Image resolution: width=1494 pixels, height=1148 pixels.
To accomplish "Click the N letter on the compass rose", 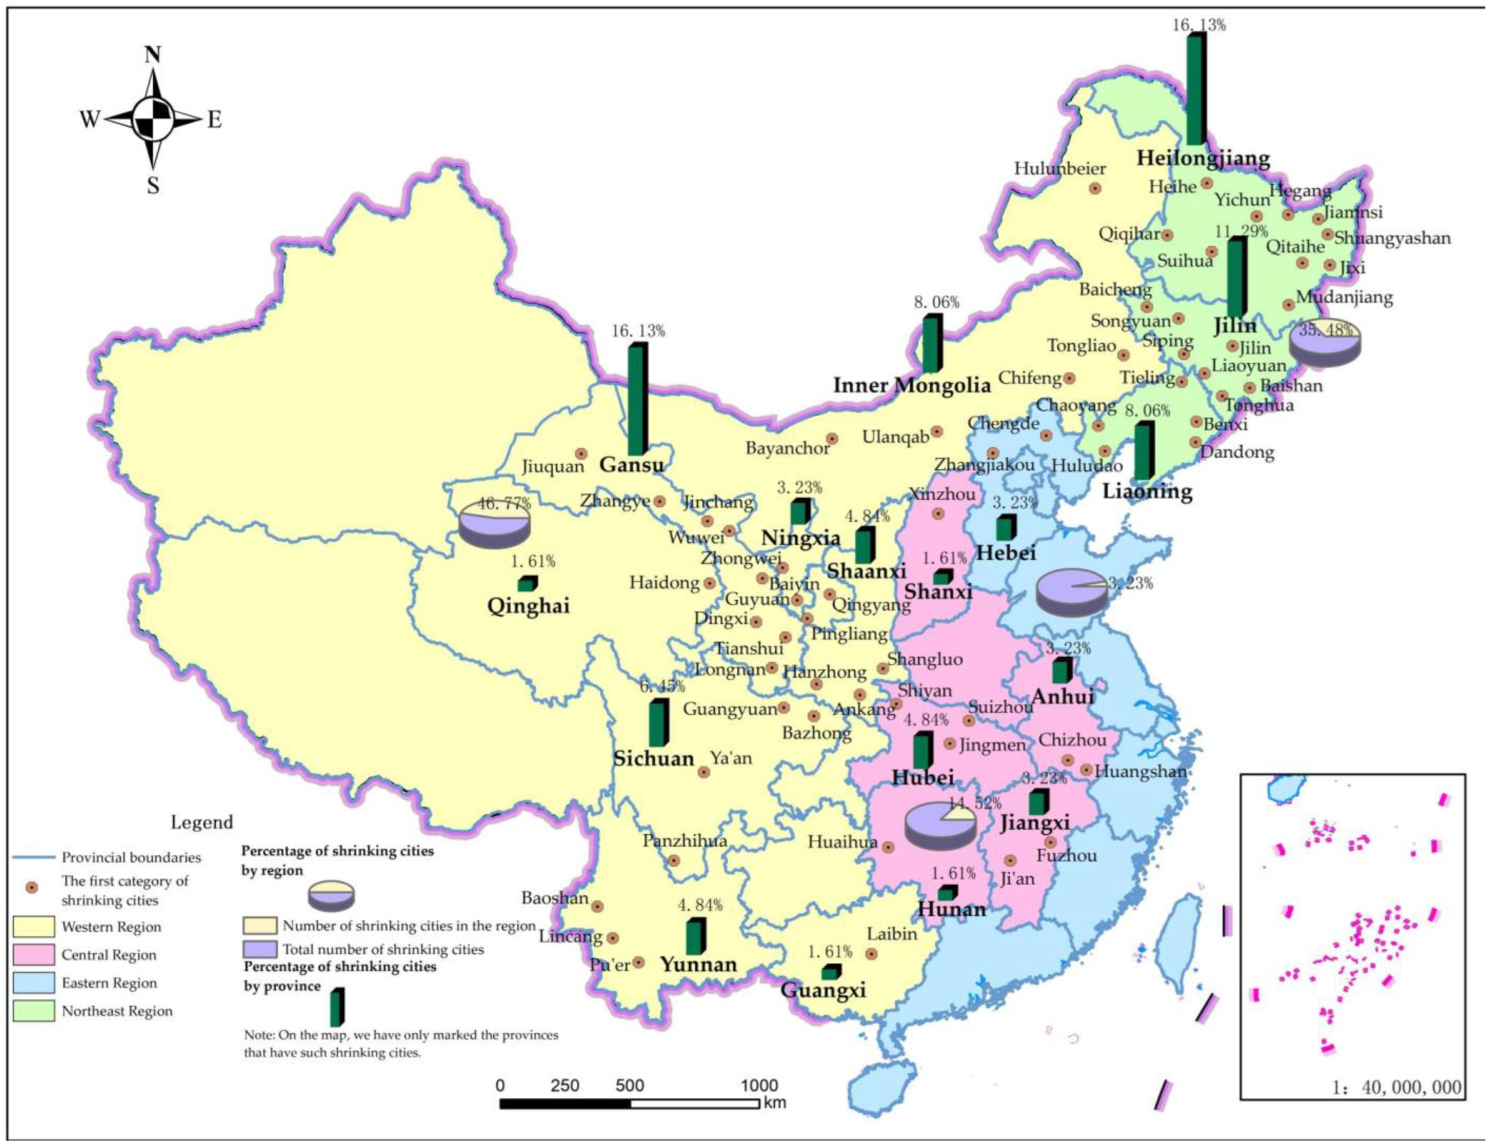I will point(152,54).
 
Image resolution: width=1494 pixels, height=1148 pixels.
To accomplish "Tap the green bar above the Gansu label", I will point(637,400).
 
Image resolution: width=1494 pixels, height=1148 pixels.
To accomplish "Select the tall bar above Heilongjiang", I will point(1195,89).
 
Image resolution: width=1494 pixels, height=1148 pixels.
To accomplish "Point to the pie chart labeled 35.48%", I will point(1324,342).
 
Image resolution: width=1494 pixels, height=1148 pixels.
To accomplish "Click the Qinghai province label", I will point(528,606).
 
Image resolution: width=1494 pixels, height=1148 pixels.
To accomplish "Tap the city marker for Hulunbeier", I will point(1095,188).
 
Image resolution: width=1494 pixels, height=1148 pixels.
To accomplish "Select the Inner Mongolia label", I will point(911,385).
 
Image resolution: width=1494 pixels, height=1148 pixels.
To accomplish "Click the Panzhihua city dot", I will point(674,861).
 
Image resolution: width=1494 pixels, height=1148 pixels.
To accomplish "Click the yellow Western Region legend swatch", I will point(33,926).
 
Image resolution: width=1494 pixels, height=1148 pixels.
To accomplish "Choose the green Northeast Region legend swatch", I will point(33,1011).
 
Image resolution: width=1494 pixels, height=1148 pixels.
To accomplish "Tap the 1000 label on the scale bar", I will point(759,1086).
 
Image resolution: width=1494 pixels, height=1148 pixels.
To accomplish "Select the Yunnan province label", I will point(698,965).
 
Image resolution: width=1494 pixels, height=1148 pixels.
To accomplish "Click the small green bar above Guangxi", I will point(831,972).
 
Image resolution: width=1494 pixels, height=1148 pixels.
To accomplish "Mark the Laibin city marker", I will point(871,953).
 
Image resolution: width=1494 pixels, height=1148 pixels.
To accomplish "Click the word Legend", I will point(202,822).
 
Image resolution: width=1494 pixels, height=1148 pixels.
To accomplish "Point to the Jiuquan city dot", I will point(581,453).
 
